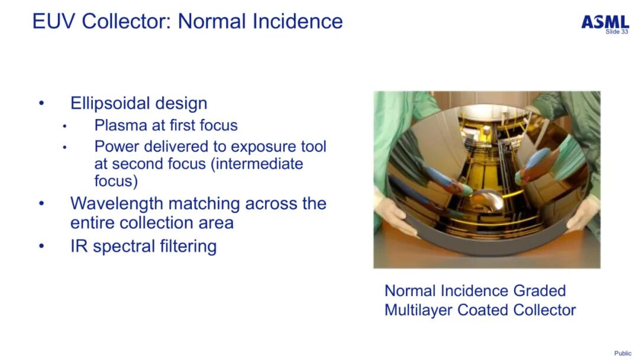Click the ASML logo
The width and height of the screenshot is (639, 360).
[x=605, y=22]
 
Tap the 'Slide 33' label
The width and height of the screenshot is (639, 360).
[x=617, y=31]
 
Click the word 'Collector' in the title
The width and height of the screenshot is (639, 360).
[x=127, y=21]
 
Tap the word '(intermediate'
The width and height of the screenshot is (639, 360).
[x=257, y=164]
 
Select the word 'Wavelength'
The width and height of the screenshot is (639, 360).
[x=115, y=204]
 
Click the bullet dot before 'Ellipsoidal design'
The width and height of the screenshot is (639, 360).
[x=41, y=103]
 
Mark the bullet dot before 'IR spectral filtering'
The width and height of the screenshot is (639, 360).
[x=41, y=246]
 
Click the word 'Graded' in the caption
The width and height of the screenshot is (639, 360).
[x=539, y=291]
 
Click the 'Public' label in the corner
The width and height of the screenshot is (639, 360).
[x=622, y=353]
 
